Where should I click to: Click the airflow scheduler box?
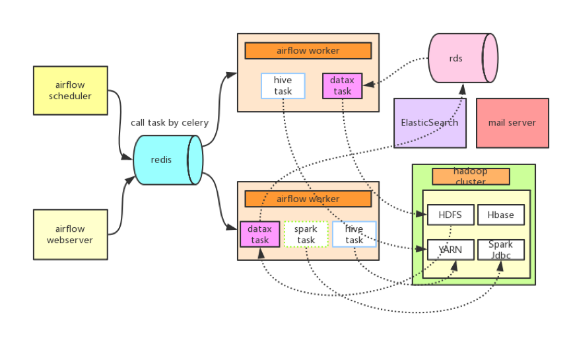tap(70, 90)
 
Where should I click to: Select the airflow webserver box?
tap(70, 234)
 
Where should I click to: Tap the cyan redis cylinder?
tap(168, 160)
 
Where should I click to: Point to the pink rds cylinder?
tap(463, 58)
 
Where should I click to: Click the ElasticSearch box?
tap(430, 123)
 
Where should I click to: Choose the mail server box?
tap(512, 123)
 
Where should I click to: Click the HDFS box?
tap(450, 215)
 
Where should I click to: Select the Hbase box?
tap(501, 215)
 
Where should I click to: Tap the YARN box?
tap(450, 250)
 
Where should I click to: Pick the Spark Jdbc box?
tap(501, 250)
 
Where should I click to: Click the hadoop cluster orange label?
tap(471, 176)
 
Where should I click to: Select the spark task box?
tap(306, 234)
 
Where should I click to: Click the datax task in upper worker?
tap(343, 86)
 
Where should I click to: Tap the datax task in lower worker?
tap(260, 234)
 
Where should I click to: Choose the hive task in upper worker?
tap(283, 86)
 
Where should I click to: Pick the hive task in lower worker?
tap(354, 234)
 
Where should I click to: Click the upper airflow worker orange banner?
tap(308, 51)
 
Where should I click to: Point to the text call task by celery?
tap(170, 123)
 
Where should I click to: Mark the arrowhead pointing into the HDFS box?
tap(422, 214)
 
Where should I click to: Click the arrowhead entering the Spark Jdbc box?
tap(500, 266)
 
